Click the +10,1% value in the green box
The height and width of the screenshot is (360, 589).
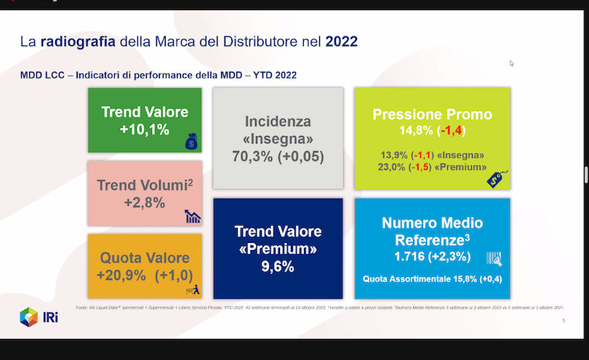[145, 129]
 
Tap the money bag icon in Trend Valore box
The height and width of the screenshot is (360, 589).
[191, 142]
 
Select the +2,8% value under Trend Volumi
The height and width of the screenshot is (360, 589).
[145, 202]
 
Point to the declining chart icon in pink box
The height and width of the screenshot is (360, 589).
[193, 215]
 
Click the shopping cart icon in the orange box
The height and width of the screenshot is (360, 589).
[193, 290]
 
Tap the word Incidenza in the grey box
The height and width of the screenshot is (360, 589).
[278, 121]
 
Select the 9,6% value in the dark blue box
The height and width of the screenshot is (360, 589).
[278, 267]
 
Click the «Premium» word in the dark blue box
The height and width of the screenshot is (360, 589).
[278, 249]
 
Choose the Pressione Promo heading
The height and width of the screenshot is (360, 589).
[432, 114]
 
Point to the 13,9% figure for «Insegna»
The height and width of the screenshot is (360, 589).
[394, 155]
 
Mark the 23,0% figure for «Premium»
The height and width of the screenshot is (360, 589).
[393, 167]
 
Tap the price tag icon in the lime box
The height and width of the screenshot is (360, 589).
[496, 177]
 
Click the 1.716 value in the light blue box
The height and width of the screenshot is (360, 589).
[411, 257]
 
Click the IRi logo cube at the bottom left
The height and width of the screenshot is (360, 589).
[28, 317]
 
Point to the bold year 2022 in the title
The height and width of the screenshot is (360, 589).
[341, 41]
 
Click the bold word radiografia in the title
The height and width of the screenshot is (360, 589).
[78, 41]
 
